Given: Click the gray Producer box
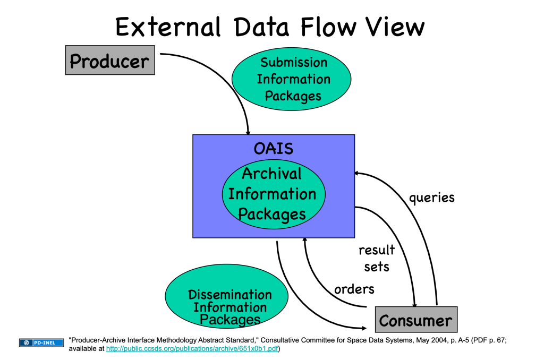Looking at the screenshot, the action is point(110,60).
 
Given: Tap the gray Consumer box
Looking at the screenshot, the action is point(416,320).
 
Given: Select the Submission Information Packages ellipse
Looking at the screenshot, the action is point(292,79).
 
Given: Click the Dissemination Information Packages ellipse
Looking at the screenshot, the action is point(226,296).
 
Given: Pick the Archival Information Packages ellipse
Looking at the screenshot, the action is point(274,194).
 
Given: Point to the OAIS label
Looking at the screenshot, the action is point(274,149).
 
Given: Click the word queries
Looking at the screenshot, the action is point(431,198).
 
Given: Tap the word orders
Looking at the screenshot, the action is point(354,289).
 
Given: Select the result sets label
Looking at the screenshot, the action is point(377,258).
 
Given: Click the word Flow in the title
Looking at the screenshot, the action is point(328,27).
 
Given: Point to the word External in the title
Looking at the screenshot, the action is point(168,27).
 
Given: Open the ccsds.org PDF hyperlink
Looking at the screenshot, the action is point(192,348).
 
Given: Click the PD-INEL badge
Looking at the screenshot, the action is point(41,342).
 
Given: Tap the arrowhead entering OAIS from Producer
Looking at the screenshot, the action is point(248,132).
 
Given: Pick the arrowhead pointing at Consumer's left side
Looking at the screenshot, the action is point(364,328).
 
